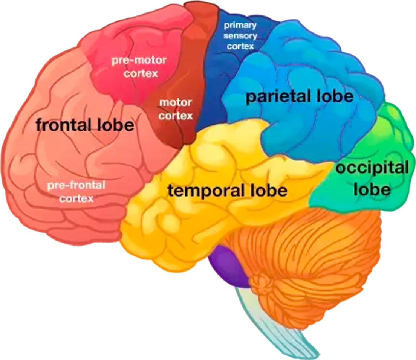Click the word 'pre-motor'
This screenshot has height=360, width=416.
[139, 60]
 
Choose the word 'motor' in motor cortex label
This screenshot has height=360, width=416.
[175, 102]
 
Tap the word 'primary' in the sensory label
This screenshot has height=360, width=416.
[240, 26]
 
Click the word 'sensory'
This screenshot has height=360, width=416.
[240, 36]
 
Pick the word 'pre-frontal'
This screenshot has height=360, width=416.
[76, 185]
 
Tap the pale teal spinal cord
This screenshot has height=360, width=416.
[276, 323]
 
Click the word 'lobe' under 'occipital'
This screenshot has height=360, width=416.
[372, 189]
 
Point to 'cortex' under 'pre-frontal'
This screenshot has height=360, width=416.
[76, 198]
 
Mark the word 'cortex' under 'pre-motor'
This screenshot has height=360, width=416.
[141, 73]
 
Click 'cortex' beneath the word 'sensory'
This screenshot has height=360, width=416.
[240, 46]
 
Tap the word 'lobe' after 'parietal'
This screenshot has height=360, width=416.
[335, 96]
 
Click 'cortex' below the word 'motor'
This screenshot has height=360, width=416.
[175, 116]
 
